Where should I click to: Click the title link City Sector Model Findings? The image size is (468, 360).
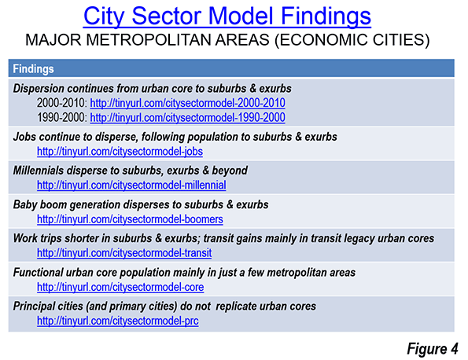coord(227,16)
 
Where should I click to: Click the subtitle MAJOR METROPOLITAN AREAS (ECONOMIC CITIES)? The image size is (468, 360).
coord(227,40)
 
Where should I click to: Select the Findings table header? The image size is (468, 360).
coord(33,69)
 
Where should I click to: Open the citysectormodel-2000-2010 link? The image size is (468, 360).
coord(187,103)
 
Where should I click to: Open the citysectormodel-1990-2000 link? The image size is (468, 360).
coord(187,118)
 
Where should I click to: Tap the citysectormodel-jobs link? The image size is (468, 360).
coord(120,152)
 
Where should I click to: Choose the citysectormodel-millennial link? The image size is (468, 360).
coord(131,186)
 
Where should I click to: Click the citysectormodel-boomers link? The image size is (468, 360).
coord(130,219)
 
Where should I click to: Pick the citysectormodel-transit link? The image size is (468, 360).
coord(124,253)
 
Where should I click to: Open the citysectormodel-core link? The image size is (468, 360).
coord(120,287)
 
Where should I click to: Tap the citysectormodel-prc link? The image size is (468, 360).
coord(118,321)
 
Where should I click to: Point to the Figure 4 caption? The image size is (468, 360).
coord(433,349)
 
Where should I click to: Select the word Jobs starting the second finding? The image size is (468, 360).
coord(24,137)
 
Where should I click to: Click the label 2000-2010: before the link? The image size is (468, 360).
coord(62,103)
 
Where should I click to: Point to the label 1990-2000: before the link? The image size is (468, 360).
coord(62,118)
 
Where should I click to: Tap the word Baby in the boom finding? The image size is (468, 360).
coord(25,205)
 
